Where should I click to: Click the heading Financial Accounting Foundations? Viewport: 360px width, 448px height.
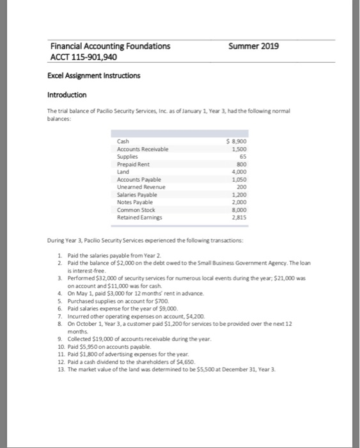click(111, 46)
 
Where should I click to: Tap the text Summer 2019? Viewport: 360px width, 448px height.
click(254, 46)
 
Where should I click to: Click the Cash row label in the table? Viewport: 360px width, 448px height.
click(123, 141)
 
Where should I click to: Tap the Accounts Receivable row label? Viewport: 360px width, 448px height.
click(142, 148)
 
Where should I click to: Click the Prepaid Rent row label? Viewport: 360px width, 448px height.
click(134, 162)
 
